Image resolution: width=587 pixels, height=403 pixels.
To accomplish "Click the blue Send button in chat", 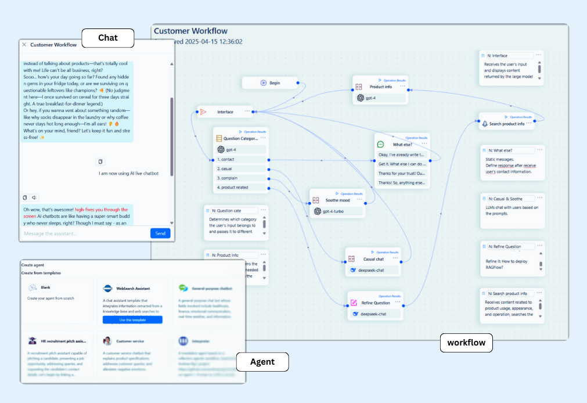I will [160, 233].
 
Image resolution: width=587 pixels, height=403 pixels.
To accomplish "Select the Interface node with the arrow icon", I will [225, 111].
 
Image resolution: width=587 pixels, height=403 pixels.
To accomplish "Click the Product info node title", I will [380, 87].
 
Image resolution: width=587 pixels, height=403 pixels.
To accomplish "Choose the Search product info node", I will [506, 124].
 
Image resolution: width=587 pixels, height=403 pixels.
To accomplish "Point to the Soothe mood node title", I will [338, 200].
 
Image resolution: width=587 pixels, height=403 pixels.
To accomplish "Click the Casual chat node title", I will [373, 259].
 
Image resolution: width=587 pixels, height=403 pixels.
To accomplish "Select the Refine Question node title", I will [376, 303].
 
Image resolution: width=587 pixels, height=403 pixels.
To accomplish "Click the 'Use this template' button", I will [132, 320].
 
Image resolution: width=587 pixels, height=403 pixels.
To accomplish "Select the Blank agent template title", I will [45, 287].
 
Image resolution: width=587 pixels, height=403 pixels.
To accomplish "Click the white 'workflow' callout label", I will [466, 343].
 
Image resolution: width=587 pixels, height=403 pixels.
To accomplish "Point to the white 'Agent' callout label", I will [262, 362].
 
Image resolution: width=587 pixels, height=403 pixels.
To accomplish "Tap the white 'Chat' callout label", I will [107, 38].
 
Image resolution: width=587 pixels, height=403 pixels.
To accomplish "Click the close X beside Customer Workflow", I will [24, 45].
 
